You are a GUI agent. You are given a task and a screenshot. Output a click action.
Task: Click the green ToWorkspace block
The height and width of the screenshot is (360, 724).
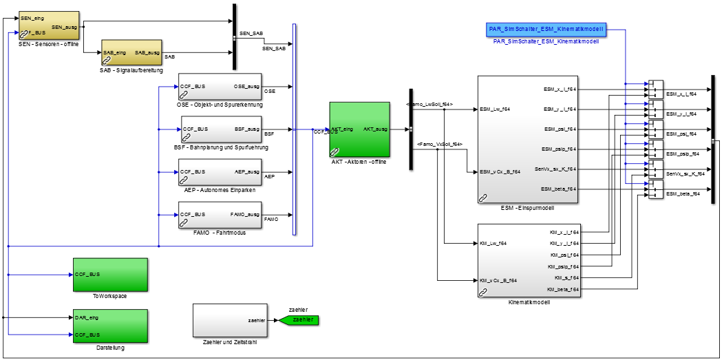(x=110, y=275)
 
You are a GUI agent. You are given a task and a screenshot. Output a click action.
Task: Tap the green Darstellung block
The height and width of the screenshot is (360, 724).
(x=110, y=326)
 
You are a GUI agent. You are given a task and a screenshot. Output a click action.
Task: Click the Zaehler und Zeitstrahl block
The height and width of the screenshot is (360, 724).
(x=230, y=320)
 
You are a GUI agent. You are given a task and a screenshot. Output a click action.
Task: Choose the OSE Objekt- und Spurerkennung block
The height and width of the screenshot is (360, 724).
(x=220, y=87)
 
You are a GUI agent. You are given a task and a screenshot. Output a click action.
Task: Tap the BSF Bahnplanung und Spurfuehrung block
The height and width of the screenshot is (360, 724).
(x=221, y=129)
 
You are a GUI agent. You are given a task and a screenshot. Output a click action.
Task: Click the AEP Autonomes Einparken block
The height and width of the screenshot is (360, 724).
(x=220, y=172)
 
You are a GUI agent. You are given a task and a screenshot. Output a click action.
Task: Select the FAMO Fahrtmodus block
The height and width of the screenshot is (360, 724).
(x=220, y=215)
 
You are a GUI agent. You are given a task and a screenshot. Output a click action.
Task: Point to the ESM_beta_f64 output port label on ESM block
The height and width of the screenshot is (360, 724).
(x=558, y=189)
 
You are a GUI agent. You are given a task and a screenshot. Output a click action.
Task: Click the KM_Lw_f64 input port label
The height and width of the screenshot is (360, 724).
(x=493, y=243)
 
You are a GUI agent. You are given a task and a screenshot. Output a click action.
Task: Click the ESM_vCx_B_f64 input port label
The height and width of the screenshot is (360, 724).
(x=500, y=171)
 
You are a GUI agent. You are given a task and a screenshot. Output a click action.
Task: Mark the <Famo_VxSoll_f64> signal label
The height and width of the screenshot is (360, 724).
(x=439, y=144)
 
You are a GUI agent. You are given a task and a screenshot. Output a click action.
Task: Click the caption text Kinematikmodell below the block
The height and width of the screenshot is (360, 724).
(x=528, y=302)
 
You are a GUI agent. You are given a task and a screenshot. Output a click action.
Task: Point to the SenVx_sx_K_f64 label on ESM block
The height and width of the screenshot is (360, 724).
(x=555, y=169)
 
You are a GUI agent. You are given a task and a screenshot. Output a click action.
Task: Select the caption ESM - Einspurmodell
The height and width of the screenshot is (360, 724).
(x=528, y=207)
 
